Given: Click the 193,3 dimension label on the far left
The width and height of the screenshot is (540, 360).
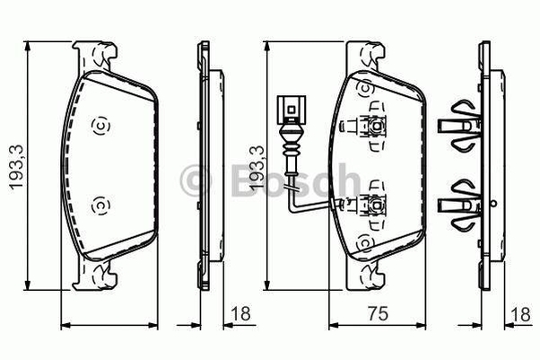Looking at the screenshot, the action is [16, 167].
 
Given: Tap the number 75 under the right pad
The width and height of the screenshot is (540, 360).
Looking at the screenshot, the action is [378, 313].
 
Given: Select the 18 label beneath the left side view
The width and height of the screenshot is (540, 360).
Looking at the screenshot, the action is [240, 313].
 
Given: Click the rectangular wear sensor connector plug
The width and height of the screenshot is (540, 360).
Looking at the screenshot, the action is [291, 110].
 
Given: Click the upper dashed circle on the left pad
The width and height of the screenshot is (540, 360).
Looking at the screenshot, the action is [100, 125].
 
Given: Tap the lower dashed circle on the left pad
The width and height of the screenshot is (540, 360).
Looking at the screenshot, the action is [100, 206].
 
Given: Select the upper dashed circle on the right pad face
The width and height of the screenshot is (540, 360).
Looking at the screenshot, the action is [366, 89].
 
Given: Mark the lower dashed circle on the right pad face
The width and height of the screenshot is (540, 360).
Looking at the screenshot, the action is [366, 243].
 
